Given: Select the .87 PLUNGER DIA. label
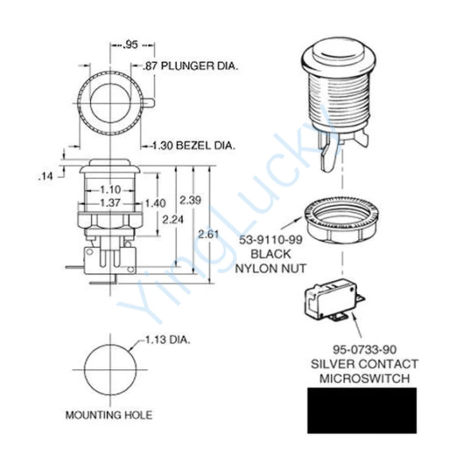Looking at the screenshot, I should click(191, 66).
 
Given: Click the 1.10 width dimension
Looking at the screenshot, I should click(110, 190).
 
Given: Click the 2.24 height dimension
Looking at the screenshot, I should click(173, 219).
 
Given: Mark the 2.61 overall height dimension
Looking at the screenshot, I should click(208, 234).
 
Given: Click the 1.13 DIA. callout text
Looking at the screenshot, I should click(167, 340).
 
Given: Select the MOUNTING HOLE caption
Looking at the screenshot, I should click(109, 415).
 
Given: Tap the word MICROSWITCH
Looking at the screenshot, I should click(364, 378).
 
